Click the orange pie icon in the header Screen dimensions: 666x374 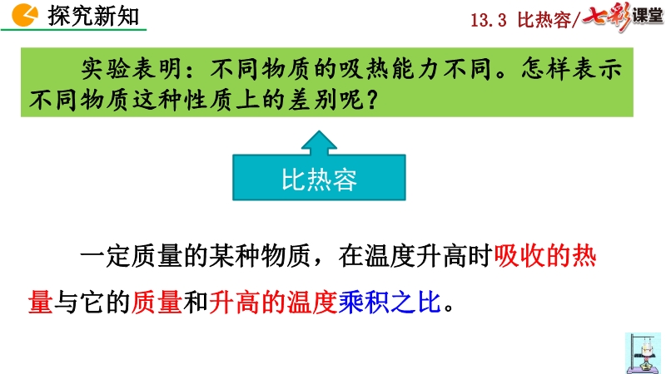pyautogui.click(x=25, y=15)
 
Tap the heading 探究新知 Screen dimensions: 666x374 pyautogui.click(x=94, y=16)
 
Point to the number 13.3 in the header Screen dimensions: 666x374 pyautogui.click(x=489, y=20)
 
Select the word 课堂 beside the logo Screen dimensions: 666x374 pyautogui.click(x=648, y=16)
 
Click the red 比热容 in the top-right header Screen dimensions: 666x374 pyautogui.click(x=544, y=20)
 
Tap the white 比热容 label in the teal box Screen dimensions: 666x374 pyautogui.click(x=319, y=180)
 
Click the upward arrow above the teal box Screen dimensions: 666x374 pyautogui.click(x=319, y=142)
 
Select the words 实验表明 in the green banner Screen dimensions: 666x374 pyautogui.click(x=132, y=69)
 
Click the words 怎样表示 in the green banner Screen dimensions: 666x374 pyautogui.click(x=572, y=69)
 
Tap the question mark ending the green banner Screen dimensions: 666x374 pyautogui.click(x=371, y=101)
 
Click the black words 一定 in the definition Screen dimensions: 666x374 pyautogui.click(x=106, y=256)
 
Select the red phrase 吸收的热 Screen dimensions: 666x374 pyautogui.click(x=545, y=256)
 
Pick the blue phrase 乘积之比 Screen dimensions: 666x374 pyautogui.click(x=390, y=303)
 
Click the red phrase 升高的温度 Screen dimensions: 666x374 pyautogui.click(x=274, y=303)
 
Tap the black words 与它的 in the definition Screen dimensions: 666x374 pyautogui.click(x=92, y=303)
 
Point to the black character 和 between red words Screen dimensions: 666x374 pyautogui.click(x=196, y=303)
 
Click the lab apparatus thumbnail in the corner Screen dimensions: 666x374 pyautogui.click(x=643, y=352)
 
